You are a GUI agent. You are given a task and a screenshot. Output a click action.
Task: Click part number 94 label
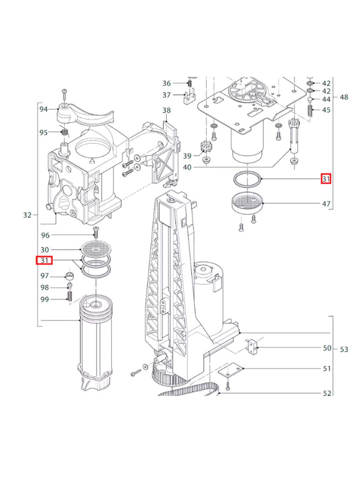tap(44, 109)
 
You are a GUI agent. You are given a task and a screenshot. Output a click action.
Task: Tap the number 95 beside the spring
tap(44, 132)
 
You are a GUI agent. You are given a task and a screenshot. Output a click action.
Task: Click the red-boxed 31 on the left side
tap(44, 261)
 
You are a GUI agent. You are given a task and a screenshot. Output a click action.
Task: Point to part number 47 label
tap(326, 204)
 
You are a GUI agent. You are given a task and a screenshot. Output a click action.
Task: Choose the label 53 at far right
tap(344, 349)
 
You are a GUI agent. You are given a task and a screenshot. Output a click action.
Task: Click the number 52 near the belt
tap(327, 394)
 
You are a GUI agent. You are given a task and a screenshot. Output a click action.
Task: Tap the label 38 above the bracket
tap(166, 110)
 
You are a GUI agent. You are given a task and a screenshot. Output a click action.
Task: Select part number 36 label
tap(166, 83)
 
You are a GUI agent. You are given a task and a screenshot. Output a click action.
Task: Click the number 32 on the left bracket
tap(27, 215)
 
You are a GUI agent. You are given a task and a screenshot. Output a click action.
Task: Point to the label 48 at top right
tap(344, 97)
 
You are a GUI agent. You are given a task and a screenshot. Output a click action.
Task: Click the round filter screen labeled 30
tap(95, 249)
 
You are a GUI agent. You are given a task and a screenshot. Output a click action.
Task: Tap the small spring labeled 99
tap(69, 296)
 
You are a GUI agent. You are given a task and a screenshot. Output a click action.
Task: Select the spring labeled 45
tap(309, 110)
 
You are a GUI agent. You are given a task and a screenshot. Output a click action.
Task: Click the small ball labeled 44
tap(309, 98)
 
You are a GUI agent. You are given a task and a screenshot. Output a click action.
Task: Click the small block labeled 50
tap(252, 344)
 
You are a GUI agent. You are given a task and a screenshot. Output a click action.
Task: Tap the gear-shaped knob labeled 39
tap(205, 146)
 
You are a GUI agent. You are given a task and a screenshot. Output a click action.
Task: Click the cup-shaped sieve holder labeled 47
tap(248, 203)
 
